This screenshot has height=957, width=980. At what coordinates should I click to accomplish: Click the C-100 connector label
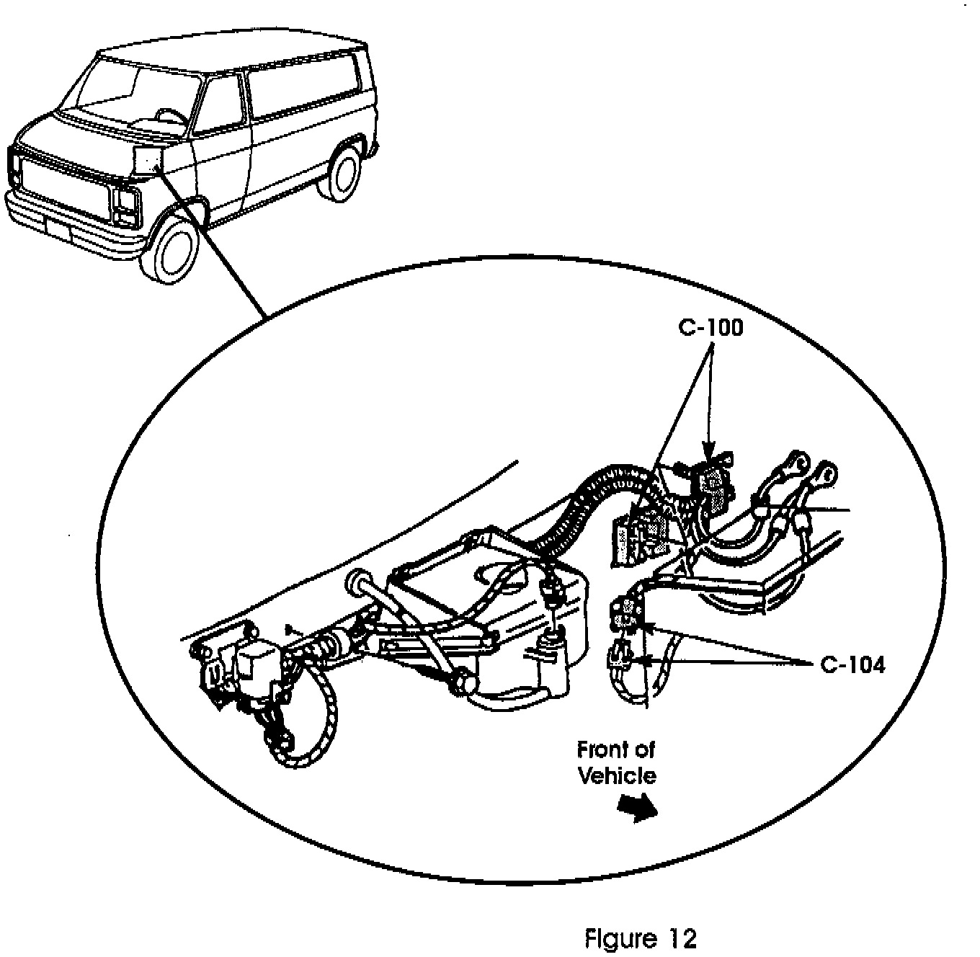point(710,328)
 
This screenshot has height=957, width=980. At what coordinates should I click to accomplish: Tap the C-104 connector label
point(852,664)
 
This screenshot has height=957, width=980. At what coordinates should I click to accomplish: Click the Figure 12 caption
point(640,938)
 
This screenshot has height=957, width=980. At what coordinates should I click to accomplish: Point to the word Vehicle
point(618,775)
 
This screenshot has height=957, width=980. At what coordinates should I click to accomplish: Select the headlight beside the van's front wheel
point(124,204)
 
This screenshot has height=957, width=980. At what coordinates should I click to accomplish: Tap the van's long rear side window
point(303,90)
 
